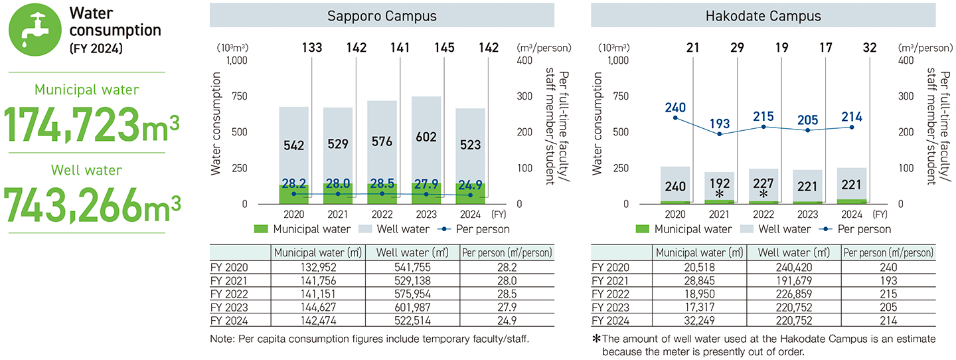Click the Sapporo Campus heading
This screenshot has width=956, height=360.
click(382, 15)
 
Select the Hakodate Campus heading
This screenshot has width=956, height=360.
click(763, 15)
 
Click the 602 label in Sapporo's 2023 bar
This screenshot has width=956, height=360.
click(426, 137)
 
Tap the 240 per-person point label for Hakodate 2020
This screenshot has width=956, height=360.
click(675, 108)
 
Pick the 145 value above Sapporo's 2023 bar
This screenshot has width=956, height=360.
click(426, 48)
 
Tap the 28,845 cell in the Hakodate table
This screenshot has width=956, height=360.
click(699, 280)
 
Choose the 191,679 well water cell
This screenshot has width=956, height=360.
click(794, 280)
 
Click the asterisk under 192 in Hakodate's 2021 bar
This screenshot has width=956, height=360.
click(720, 194)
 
